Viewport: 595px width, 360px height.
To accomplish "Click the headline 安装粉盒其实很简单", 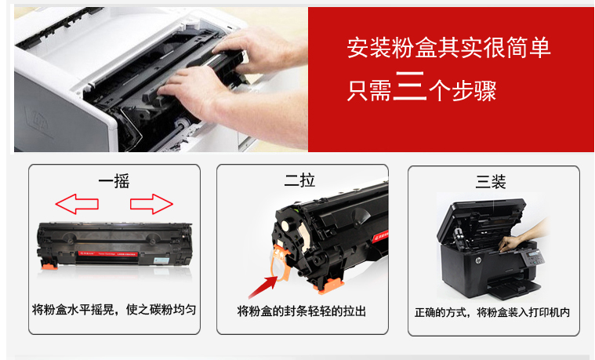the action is pos(448,48).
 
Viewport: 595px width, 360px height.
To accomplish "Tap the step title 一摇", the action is pos(114,181).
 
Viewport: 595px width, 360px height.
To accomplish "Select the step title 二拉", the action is pos(299,180).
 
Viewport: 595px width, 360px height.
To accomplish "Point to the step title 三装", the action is pos(491,181).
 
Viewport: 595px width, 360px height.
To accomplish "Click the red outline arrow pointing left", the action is pos(77,204).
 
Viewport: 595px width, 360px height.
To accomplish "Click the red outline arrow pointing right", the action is pos(151,204).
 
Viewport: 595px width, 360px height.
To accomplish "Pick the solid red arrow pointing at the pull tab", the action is pos(263,287).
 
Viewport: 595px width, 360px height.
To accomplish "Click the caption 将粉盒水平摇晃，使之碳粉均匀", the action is pos(114,310).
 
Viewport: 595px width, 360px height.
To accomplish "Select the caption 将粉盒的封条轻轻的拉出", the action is pos(302,311).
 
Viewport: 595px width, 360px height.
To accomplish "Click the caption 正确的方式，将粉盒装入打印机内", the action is pos(492,312).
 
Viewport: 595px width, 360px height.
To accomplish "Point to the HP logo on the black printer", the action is pos(478,261).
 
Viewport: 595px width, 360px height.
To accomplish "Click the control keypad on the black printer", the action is pos(533,259).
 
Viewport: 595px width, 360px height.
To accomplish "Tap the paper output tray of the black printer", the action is pos(514,287).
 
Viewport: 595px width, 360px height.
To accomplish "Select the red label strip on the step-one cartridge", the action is pos(107,253).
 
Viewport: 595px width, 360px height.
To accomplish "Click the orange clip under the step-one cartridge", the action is pos(49,266).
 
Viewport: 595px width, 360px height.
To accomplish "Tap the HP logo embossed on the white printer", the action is pos(38,122).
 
